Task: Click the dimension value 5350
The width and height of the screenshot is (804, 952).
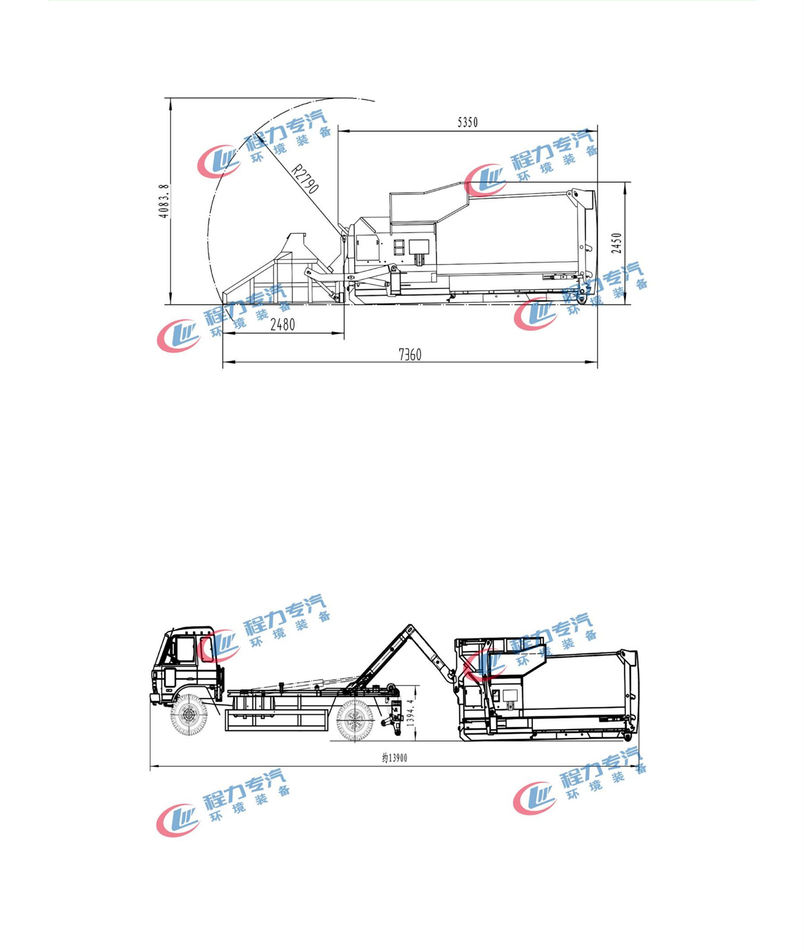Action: [467, 122]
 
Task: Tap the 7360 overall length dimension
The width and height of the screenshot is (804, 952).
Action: [410, 355]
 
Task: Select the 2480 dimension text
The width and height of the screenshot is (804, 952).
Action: [282, 325]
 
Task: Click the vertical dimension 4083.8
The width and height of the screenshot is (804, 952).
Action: [164, 201]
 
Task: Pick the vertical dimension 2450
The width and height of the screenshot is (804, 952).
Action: [616, 243]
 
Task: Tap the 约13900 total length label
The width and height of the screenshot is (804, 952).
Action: [394, 758]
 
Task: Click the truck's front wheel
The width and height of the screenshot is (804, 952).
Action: [189, 716]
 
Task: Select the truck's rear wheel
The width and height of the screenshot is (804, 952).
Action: [354, 719]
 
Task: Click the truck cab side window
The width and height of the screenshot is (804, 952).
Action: [185, 649]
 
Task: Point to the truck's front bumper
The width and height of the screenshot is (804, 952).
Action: [155, 697]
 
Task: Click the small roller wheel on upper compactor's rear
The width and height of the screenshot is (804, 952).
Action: [582, 298]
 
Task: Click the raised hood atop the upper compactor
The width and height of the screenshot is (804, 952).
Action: [427, 203]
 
